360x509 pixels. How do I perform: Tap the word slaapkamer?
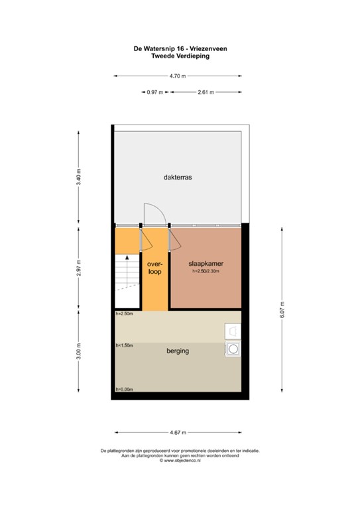[x=205, y=263]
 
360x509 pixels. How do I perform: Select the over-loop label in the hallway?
[x=155, y=267]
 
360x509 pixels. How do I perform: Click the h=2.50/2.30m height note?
[x=206, y=272]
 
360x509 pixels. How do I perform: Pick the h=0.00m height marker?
[x=124, y=389]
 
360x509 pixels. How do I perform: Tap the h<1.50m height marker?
[x=124, y=345]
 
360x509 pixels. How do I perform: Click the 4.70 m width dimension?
[x=177, y=76]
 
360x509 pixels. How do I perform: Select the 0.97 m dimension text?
[x=155, y=92]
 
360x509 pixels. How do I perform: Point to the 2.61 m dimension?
[x=206, y=92]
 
